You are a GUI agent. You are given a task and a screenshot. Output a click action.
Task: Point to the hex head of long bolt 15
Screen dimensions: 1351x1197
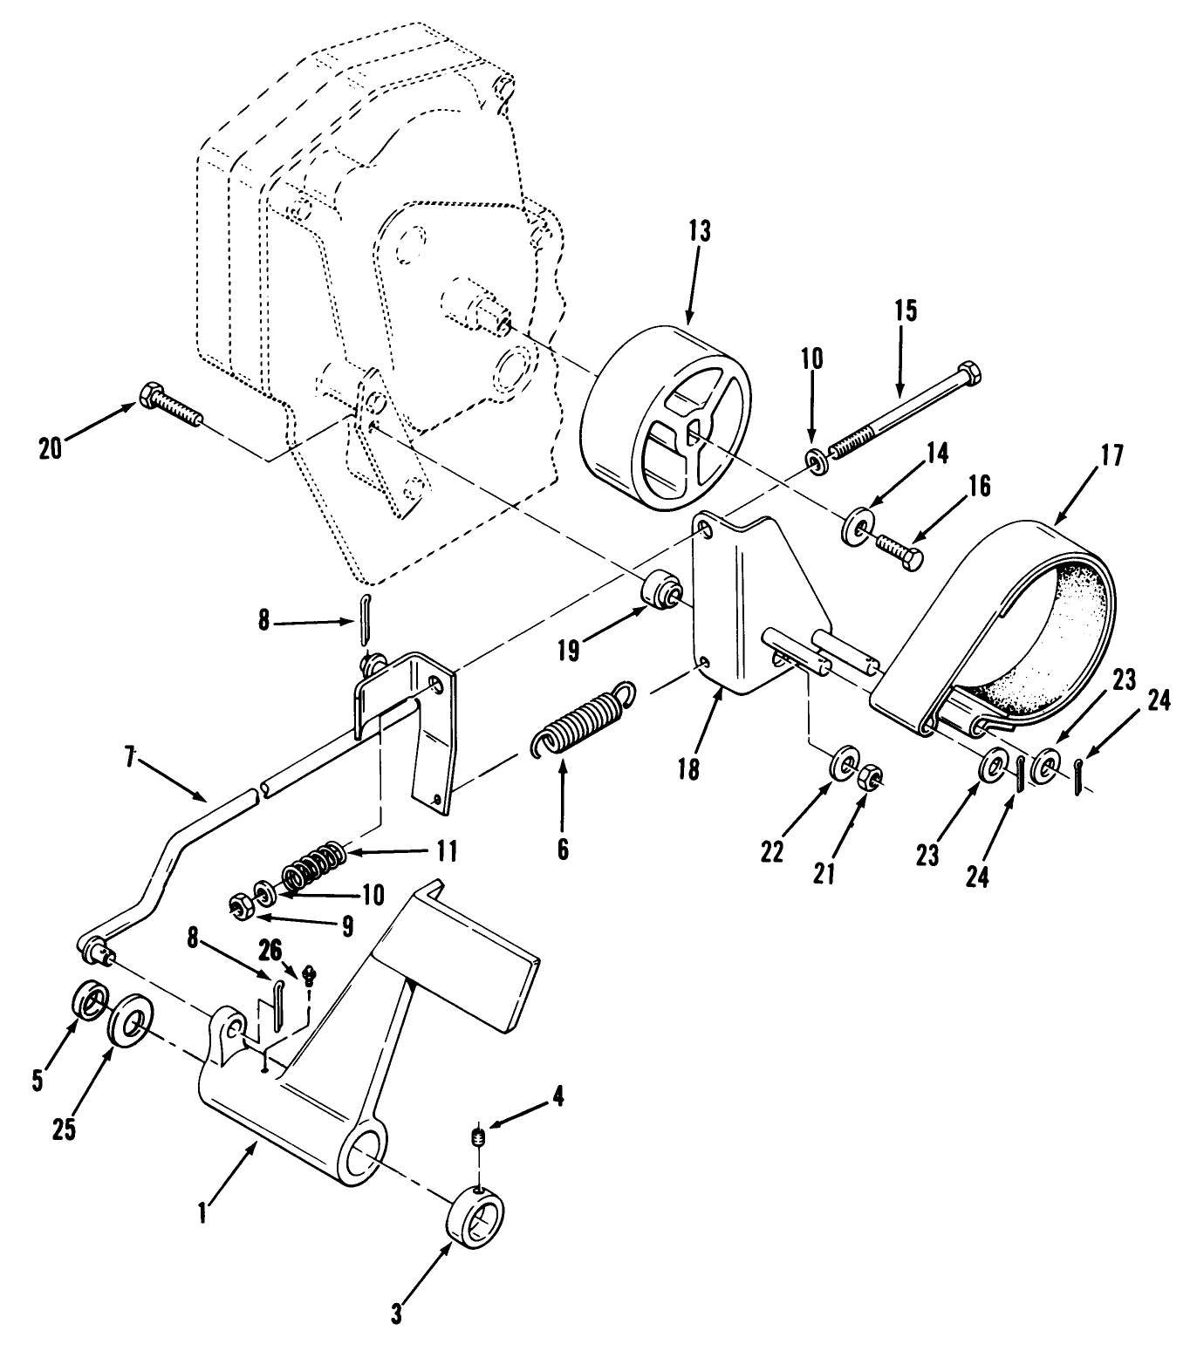969,374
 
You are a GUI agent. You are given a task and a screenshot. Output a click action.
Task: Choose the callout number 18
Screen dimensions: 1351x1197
688,771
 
